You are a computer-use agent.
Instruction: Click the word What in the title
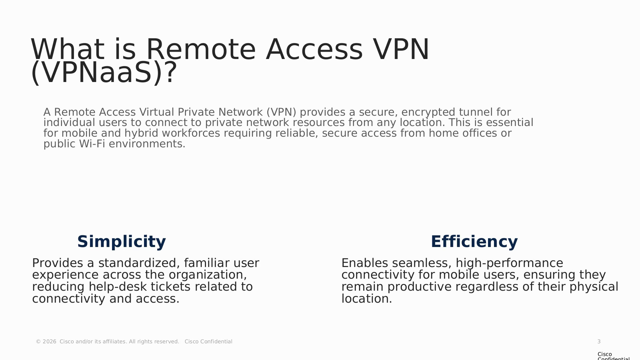[x=67, y=49]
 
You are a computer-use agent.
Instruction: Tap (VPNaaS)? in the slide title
[x=104, y=73]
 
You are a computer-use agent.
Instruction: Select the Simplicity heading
[x=122, y=242]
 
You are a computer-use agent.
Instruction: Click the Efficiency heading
[x=474, y=242]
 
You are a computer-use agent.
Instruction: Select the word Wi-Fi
[x=92, y=144]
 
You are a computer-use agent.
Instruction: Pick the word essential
[x=510, y=122]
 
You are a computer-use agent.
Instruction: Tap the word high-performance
[x=509, y=263]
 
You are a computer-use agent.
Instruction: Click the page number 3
[x=599, y=342]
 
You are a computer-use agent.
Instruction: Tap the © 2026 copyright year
[x=46, y=342]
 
